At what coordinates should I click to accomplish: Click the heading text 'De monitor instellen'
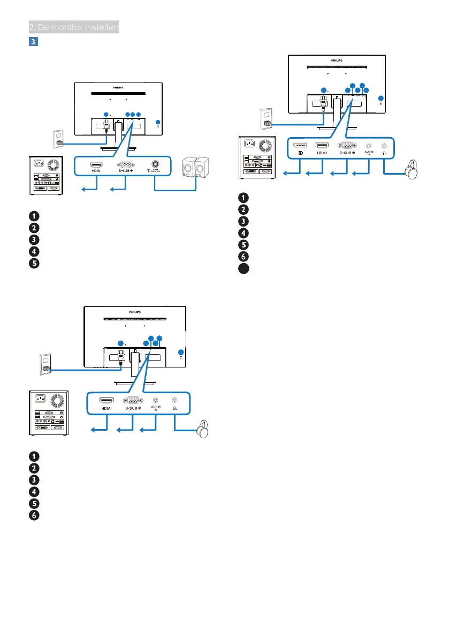click(75, 27)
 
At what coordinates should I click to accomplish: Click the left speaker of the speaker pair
click(188, 169)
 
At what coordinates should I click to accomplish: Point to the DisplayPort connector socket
click(300, 145)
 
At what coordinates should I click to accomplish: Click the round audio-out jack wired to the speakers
click(155, 166)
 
